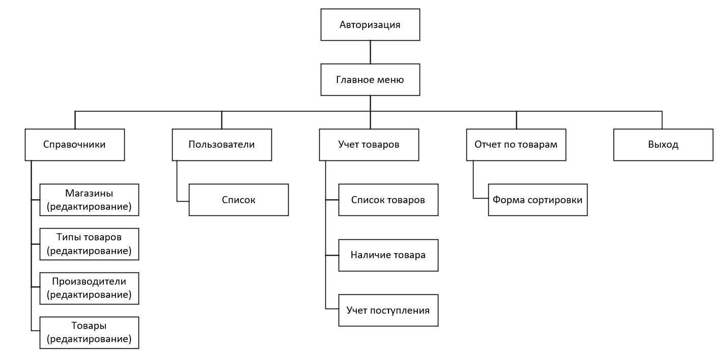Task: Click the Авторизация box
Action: (x=370, y=24)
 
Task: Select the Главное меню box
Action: (x=370, y=79)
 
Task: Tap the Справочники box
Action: (x=75, y=145)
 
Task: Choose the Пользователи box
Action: (x=221, y=145)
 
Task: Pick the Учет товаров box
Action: (x=369, y=145)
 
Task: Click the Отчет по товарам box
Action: (x=516, y=145)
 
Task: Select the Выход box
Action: (x=663, y=145)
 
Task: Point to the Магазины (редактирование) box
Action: (x=89, y=200)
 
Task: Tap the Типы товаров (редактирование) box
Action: (x=89, y=244)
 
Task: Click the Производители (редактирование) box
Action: (x=89, y=288)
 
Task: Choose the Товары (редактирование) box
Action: (x=89, y=333)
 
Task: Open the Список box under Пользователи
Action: (x=238, y=200)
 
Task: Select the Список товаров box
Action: (x=388, y=200)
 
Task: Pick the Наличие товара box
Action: (x=388, y=255)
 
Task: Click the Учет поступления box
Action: (x=388, y=310)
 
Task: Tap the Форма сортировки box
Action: (x=538, y=200)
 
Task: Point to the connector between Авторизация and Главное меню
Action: (x=370, y=52)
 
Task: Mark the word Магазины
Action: (x=89, y=193)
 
